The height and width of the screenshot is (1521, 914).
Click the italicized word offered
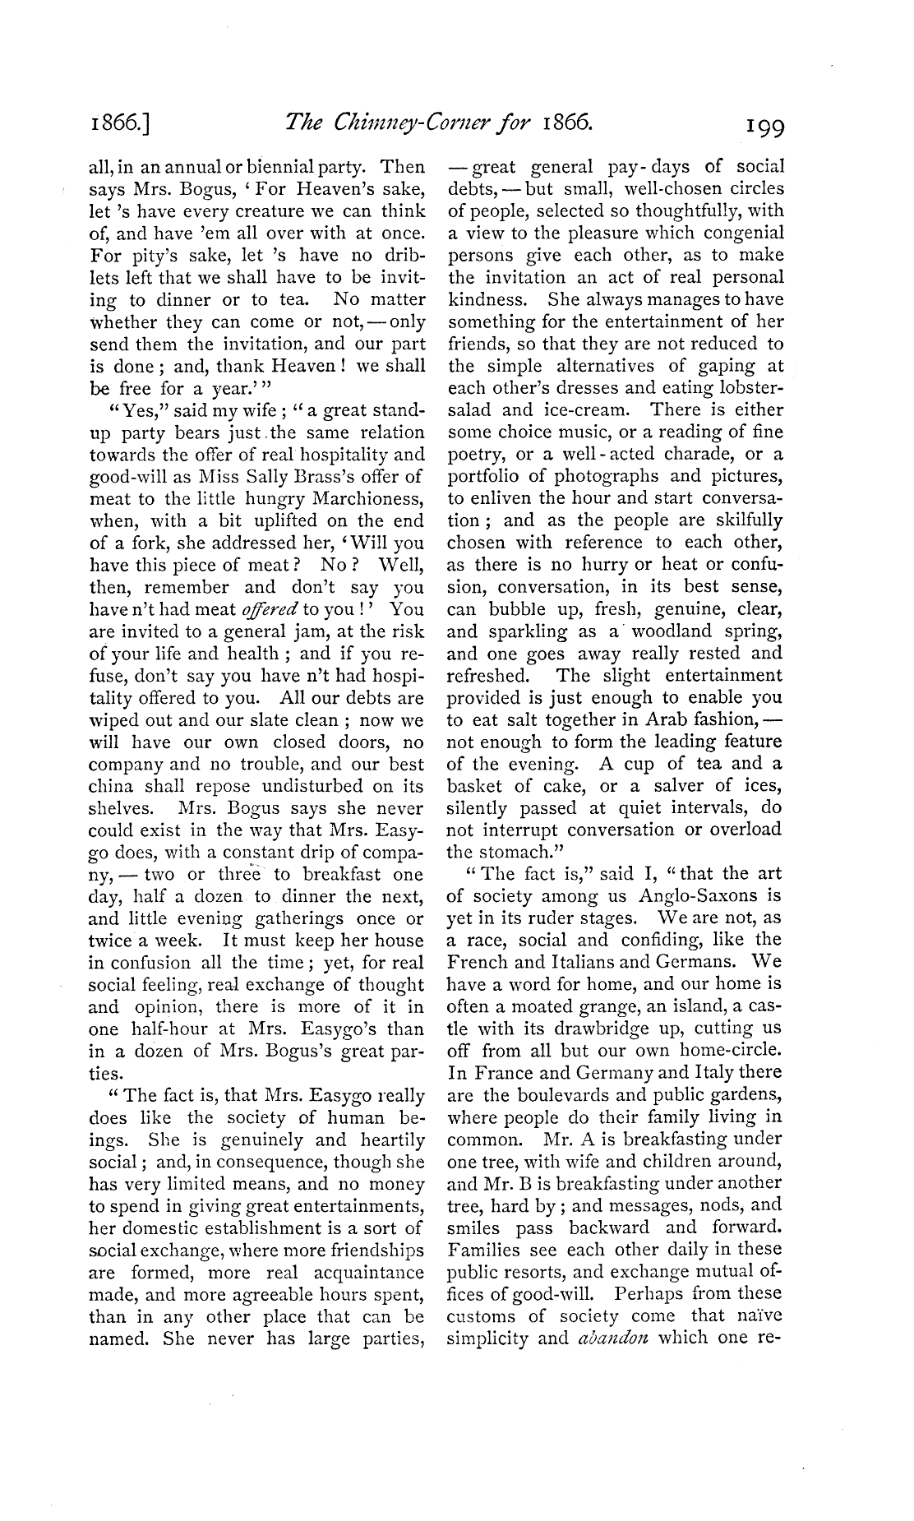[x=269, y=609]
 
